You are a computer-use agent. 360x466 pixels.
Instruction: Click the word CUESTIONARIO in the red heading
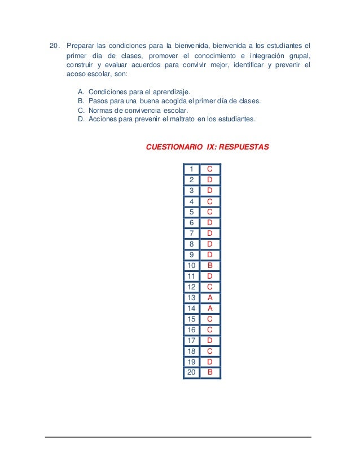click(x=174, y=147)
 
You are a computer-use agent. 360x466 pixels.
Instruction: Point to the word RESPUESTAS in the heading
click(x=244, y=147)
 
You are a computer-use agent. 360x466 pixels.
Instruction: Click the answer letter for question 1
click(x=209, y=169)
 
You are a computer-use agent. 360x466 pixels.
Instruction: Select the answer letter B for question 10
click(x=209, y=265)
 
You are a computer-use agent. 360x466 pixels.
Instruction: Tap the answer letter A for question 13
click(x=209, y=297)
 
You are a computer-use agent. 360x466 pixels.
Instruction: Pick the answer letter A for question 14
click(x=209, y=308)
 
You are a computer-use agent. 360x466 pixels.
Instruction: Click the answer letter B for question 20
click(x=209, y=372)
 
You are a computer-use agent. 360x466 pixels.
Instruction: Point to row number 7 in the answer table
click(x=192, y=233)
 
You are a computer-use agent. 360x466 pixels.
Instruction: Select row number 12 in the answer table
click(x=192, y=287)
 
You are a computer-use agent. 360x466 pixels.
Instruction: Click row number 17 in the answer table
click(x=192, y=340)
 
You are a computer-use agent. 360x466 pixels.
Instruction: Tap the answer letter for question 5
click(x=209, y=212)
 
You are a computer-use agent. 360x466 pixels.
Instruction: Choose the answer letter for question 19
click(x=209, y=362)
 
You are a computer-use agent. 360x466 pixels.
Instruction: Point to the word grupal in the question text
click(x=298, y=56)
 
